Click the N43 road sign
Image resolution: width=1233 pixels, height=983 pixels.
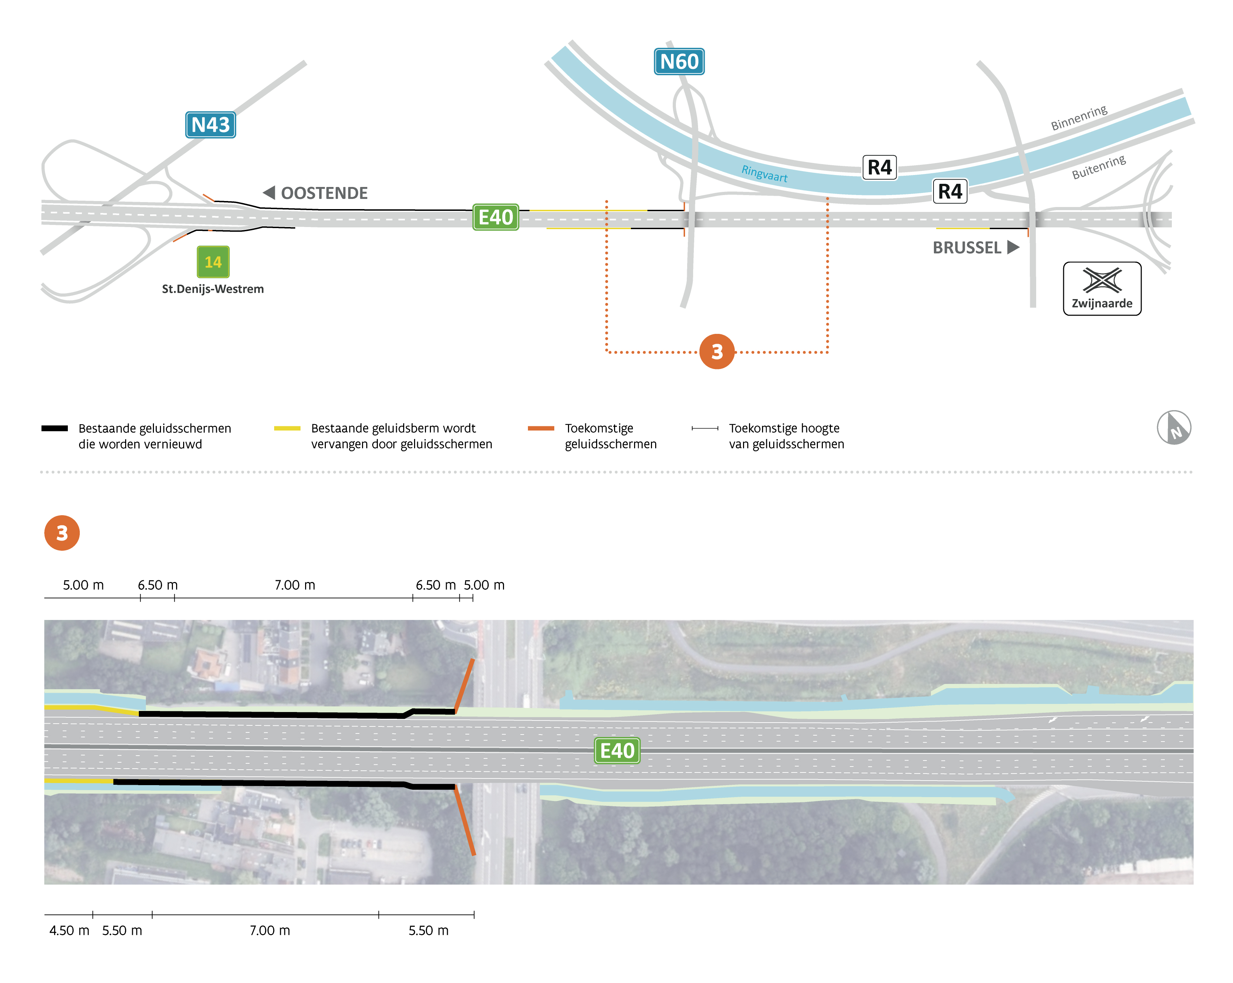211,125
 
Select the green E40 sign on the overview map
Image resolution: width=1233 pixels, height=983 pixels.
496,217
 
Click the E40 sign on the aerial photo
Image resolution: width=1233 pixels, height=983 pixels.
617,751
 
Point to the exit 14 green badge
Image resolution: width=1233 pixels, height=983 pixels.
213,262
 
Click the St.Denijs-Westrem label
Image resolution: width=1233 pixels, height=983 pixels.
213,289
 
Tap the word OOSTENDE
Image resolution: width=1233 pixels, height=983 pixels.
324,193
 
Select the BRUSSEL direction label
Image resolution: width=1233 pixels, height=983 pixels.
967,248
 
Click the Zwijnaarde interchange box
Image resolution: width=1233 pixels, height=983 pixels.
1102,289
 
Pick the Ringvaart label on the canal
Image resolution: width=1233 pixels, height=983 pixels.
764,173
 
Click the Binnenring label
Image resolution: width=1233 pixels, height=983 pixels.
1079,118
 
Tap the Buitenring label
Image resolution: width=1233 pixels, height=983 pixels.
1099,167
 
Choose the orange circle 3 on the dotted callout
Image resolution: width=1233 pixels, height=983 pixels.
717,352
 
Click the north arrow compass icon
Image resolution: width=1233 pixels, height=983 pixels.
1174,428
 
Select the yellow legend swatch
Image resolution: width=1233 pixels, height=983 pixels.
287,428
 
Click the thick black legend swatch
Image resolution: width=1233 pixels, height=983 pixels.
54,428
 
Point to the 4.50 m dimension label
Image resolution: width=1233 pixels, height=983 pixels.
69,930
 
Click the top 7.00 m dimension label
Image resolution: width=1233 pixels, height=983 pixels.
295,585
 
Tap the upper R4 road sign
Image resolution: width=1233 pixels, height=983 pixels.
879,168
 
